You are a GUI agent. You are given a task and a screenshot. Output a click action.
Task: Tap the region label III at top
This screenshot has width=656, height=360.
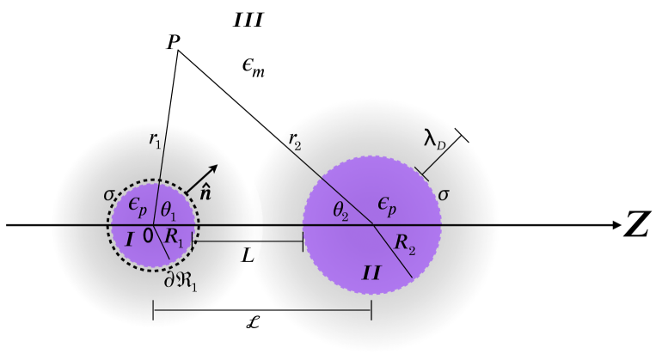[248, 18]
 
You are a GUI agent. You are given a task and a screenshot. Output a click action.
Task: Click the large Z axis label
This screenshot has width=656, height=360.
[637, 225]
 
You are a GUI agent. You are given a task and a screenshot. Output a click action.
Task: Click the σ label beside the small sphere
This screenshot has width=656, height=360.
[109, 195]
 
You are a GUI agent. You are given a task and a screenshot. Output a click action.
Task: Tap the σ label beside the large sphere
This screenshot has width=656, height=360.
[444, 196]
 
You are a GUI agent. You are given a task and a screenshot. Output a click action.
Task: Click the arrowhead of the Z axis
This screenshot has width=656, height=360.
[614, 225]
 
